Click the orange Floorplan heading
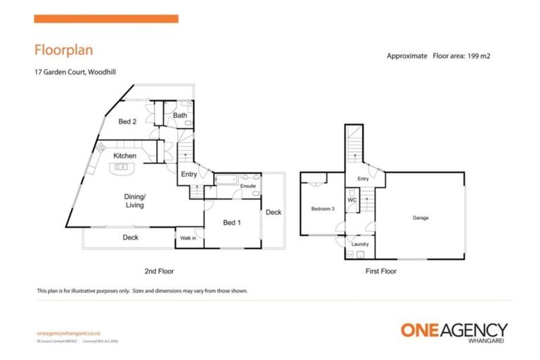click(64, 50)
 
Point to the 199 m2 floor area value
click(475, 56)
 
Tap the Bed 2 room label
click(127, 122)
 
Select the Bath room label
click(180, 115)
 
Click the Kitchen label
click(124, 155)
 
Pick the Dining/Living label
click(134, 200)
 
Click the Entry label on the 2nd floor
click(188, 174)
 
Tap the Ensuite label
click(247, 186)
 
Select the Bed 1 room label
click(232, 223)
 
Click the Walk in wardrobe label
click(188, 239)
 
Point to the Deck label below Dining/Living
click(130, 238)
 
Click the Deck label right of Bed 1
click(274, 212)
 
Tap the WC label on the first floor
click(353, 200)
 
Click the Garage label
click(420, 218)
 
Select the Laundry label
click(360, 244)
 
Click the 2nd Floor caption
click(159, 271)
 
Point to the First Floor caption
click(381, 271)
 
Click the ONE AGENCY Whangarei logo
click(454, 331)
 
